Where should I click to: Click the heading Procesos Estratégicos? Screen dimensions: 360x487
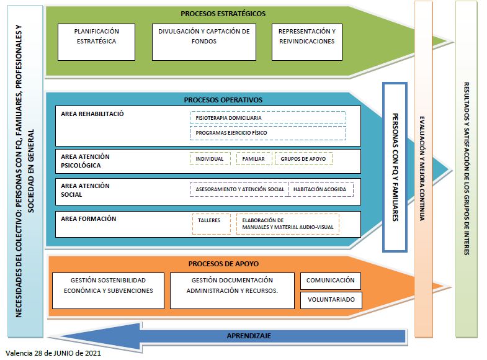(x=223, y=13)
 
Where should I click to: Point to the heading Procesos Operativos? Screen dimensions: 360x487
(x=223, y=99)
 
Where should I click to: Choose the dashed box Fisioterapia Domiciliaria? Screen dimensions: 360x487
(x=267, y=117)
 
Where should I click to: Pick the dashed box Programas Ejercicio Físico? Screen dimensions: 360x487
(x=267, y=133)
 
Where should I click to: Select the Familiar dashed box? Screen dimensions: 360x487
(x=254, y=159)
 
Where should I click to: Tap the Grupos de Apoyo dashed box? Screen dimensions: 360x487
(x=303, y=159)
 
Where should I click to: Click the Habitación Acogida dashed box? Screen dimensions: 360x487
(x=321, y=189)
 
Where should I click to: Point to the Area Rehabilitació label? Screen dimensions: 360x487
(x=92, y=114)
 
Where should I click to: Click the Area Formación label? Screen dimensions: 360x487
(x=89, y=218)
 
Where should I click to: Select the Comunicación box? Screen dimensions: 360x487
(x=331, y=281)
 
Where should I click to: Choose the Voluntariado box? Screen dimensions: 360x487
(x=331, y=300)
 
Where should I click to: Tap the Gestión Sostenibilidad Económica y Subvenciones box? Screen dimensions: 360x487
(x=108, y=290)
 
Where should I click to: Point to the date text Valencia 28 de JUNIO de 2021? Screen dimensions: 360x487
(x=53, y=354)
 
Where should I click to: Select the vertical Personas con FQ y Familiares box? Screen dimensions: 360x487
(x=395, y=168)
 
